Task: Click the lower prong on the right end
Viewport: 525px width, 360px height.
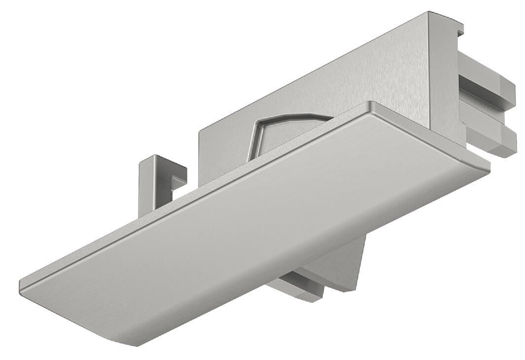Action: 495,141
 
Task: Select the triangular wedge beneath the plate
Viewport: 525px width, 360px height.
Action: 352,266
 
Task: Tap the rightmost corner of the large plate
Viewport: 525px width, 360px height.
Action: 490,167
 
